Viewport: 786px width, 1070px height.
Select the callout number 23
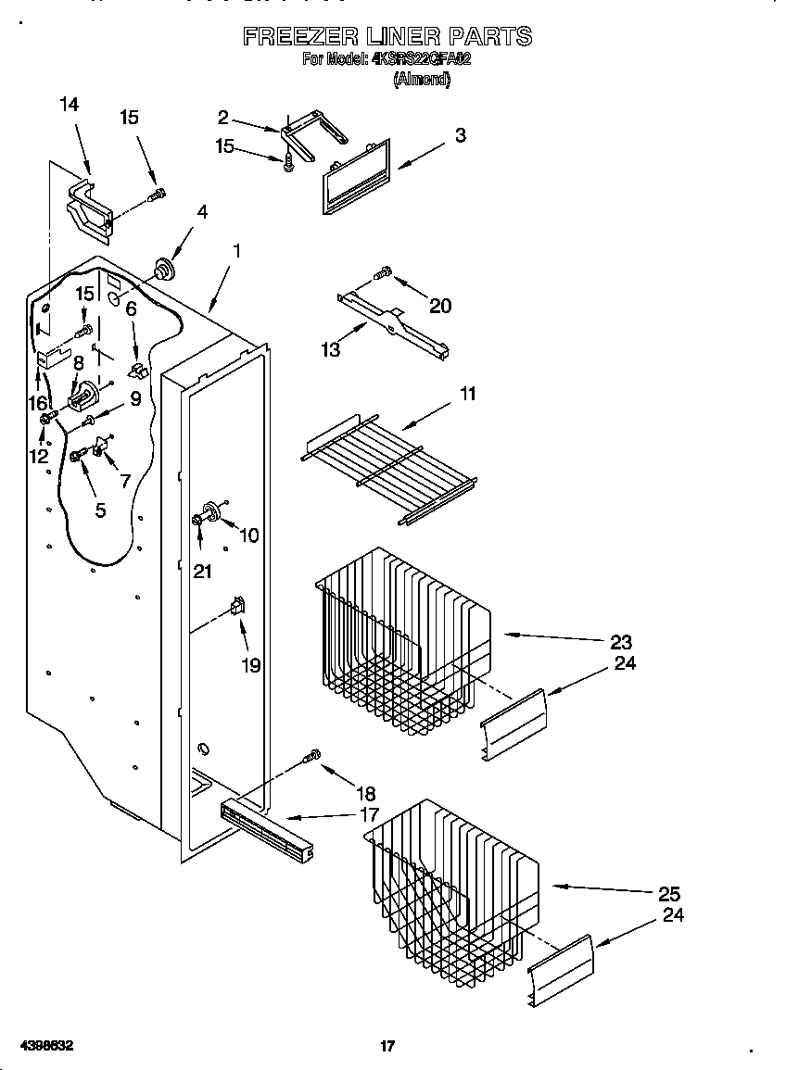point(621,641)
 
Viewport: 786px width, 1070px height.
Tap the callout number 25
point(668,893)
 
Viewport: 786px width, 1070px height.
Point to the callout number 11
point(467,395)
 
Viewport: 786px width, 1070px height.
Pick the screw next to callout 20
point(381,272)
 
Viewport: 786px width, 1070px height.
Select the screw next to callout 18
point(313,757)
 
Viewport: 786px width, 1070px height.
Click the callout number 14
point(69,105)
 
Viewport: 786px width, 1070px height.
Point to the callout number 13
point(330,349)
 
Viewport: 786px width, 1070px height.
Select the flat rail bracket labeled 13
point(393,321)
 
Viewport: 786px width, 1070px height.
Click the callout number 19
point(250,665)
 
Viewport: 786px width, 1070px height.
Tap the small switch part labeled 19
point(238,607)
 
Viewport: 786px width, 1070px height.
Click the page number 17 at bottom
point(387,1046)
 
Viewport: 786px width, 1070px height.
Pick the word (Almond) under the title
point(422,80)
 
